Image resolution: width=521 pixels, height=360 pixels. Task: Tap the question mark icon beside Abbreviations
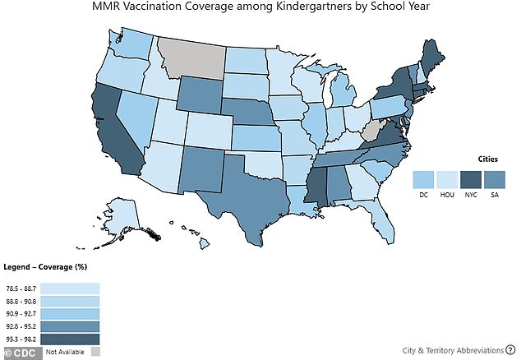point(509,349)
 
